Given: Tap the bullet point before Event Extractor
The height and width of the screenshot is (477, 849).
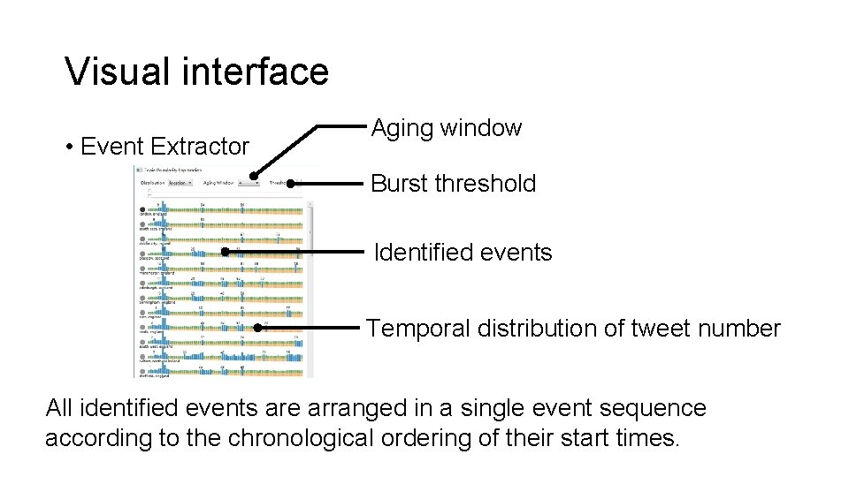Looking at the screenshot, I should pos(69,147).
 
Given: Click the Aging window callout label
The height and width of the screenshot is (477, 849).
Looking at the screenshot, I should pos(447,128).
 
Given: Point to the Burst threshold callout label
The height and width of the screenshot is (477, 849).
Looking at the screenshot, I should pos(453,184).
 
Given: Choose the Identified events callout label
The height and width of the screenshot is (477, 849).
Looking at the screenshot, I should pos(463,253).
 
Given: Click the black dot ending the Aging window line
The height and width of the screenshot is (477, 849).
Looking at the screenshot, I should pos(255,177).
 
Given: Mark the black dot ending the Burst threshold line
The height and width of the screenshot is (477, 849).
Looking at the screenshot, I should pos(291,185).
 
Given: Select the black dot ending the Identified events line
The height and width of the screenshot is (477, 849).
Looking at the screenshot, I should pos(226,252).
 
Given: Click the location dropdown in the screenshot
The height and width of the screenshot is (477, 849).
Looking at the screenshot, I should pos(182,183).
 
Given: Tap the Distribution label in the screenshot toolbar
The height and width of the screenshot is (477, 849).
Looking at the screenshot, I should pos(153,183).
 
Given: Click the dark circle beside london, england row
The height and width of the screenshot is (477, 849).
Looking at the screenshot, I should pos(143,208).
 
